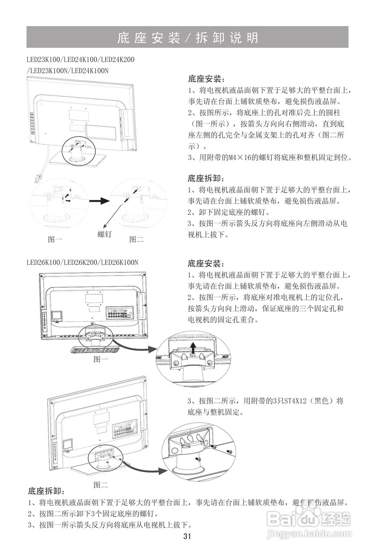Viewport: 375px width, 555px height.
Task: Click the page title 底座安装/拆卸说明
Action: [x=187, y=38]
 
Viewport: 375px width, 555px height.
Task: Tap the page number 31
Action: [x=187, y=536]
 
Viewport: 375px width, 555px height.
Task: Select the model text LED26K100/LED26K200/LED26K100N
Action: [x=82, y=262]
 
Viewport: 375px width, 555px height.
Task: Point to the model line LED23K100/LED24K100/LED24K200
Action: [x=80, y=59]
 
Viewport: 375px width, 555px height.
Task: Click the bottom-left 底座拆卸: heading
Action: [x=46, y=491]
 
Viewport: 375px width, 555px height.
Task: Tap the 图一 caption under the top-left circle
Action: [x=55, y=239]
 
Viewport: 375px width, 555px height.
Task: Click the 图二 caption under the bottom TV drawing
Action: [x=101, y=484]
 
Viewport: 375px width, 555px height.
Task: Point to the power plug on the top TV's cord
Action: [x=38, y=178]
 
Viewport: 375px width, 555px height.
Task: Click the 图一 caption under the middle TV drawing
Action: [x=101, y=359]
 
